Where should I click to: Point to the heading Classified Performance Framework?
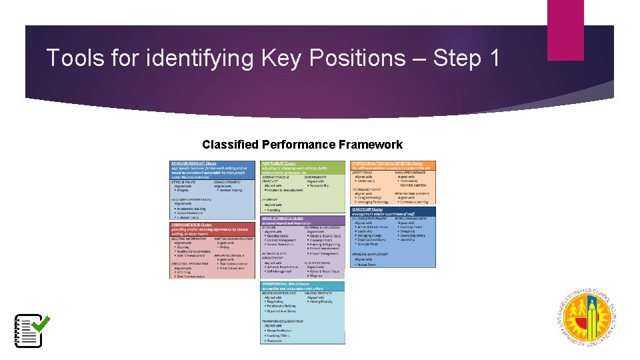(302, 145)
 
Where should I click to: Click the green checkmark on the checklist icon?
(40, 323)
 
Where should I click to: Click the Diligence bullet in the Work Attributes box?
(319, 276)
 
